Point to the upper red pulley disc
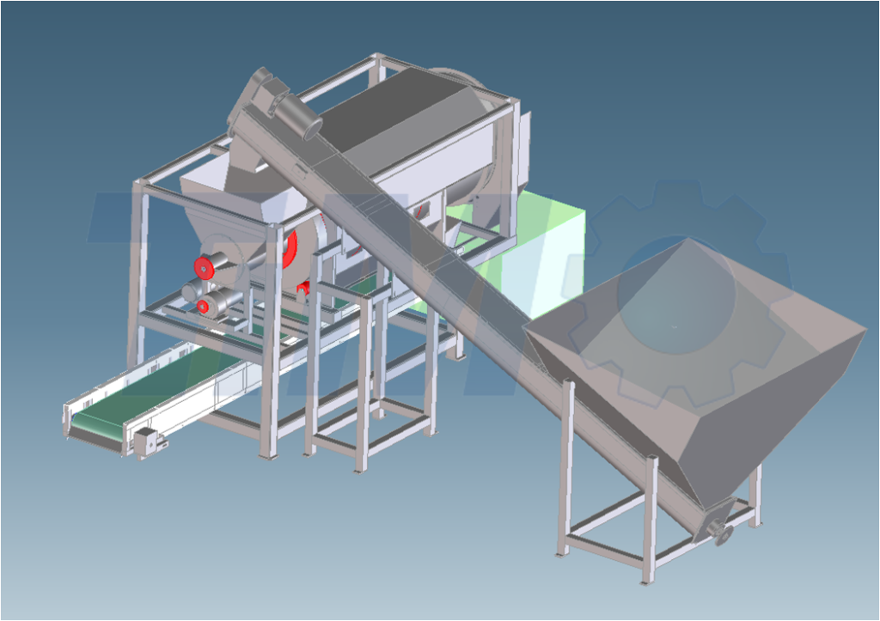[x=205, y=267]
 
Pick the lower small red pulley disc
[x=203, y=306]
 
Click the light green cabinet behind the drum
[x=550, y=249]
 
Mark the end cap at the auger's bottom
[x=723, y=534]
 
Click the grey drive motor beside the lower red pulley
[x=222, y=301]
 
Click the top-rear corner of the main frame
[x=376, y=60]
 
